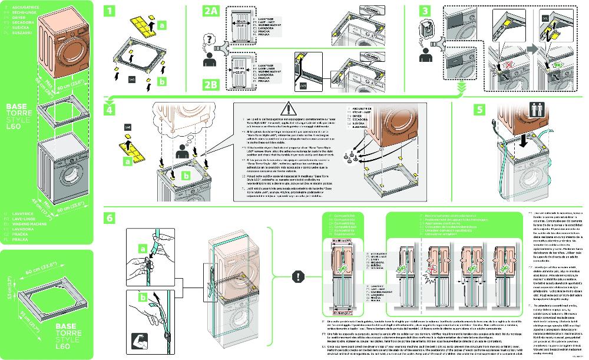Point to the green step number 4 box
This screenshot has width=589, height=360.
[x=109, y=109]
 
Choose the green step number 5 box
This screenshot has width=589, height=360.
[x=481, y=110]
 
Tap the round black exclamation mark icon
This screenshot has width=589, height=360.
[x=299, y=276]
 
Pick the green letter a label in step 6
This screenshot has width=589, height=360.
[x=141, y=249]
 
